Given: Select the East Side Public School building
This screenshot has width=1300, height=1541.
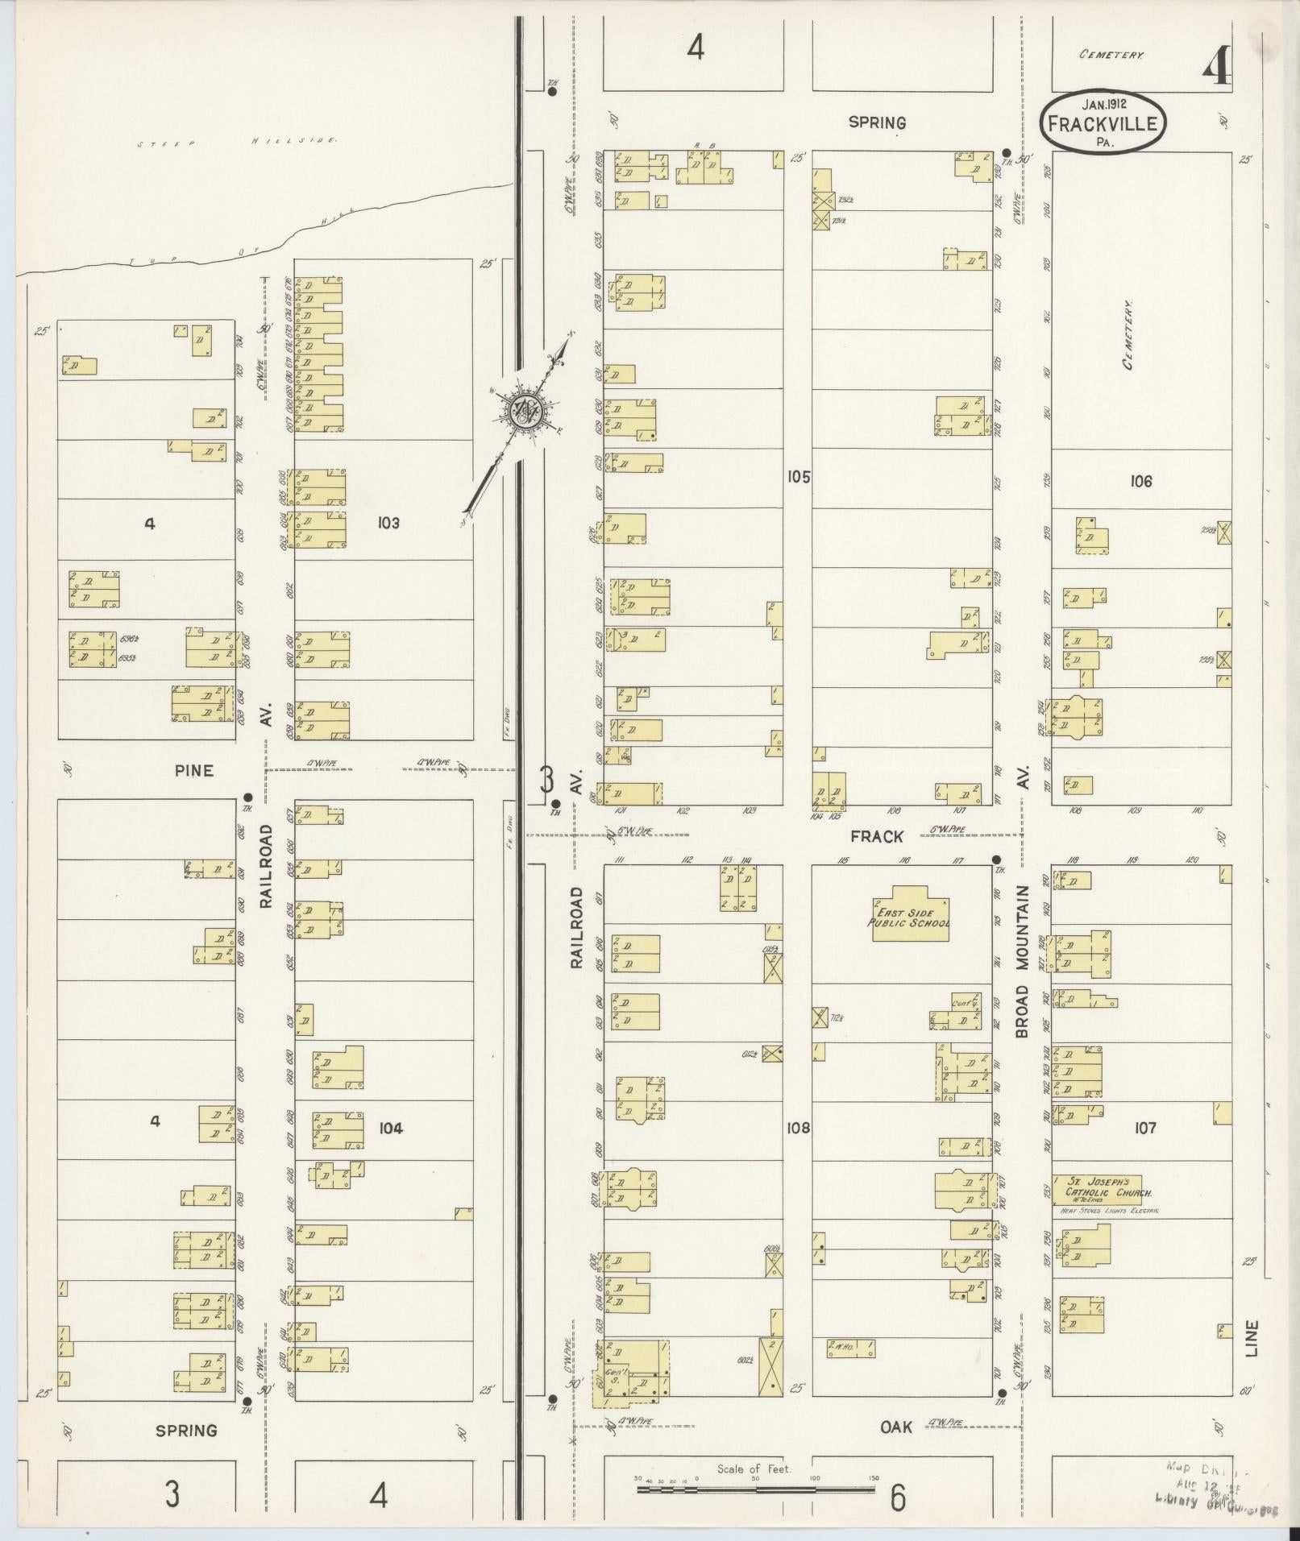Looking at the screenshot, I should pyautogui.click(x=909, y=918).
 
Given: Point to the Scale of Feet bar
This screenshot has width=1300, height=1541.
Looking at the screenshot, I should pyautogui.click(x=755, y=1489).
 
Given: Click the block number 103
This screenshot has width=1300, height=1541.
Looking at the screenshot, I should pyautogui.click(x=388, y=524).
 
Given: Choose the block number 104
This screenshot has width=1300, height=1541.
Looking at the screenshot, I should pyautogui.click(x=390, y=1128).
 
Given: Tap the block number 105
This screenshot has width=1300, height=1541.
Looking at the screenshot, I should pyautogui.click(x=798, y=477).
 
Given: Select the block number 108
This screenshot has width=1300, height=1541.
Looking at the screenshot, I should pyautogui.click(x=798, y=1128).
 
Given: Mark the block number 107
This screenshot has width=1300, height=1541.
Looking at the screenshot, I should pyautogui.click(x=1144, y=1128).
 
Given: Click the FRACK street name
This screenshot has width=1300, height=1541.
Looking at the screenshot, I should pyautogui.click(x=877, y=837).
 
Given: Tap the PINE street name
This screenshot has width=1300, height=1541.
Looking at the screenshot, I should pyautogui.click(x=194, y=771).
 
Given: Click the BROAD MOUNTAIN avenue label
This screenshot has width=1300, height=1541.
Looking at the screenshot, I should pyautogui.click(x=1024, y=961).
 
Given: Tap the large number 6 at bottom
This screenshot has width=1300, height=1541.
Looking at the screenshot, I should pyautogui.click(x=897, y=1498).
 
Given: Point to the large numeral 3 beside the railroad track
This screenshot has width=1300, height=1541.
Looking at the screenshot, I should pyautogui.click(x=547, y=780).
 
